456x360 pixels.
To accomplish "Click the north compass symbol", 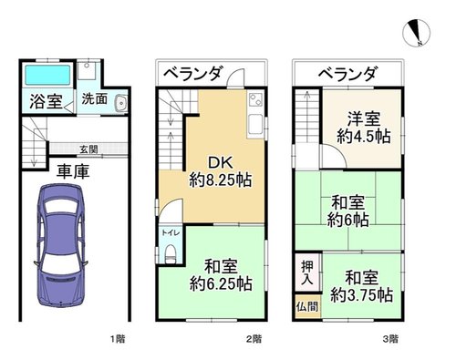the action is pyautogui.click(x=416, y=33).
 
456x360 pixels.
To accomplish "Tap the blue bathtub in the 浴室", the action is pyautogui.click(x=47, y=75).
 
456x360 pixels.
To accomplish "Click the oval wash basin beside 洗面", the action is pyautogui.click(x=121, y=103).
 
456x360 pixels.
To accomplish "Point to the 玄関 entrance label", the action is pyautogui.click(x=88, y=149).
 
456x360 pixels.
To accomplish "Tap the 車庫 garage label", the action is pyautogui.click(x=73, y=171).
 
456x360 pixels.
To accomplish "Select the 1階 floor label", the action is pyautogui.click(x=117, y=338).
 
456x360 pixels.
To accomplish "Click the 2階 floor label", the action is pyautogui.click(x=254, y=338).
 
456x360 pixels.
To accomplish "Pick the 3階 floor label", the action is pyautogui.click(x=390, y=338).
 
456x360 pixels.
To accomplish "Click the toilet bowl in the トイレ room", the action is pyautogui.click(x=170, y=254).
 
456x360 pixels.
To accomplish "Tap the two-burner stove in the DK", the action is pyautogui.click(x=255, y=100).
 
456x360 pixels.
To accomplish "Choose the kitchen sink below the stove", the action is pyautogui.click(x=255, y=125).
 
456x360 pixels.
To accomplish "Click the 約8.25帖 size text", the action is pyautogui.click(x=221, y=180).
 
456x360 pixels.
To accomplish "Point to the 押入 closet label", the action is pyautogui.click(x=307, y=273).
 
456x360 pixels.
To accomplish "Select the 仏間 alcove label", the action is pyautogui.click(x=307, y=306).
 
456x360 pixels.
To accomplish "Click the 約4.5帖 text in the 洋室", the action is pyautogui.click(x=364, y=137).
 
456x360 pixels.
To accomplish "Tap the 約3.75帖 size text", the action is pyautogui.click(x=362, y=294).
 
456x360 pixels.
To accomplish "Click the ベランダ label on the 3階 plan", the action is pyautogui.click(x=348, y=74).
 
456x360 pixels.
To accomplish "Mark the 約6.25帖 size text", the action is pyautogui.click(x=221, y=284).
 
